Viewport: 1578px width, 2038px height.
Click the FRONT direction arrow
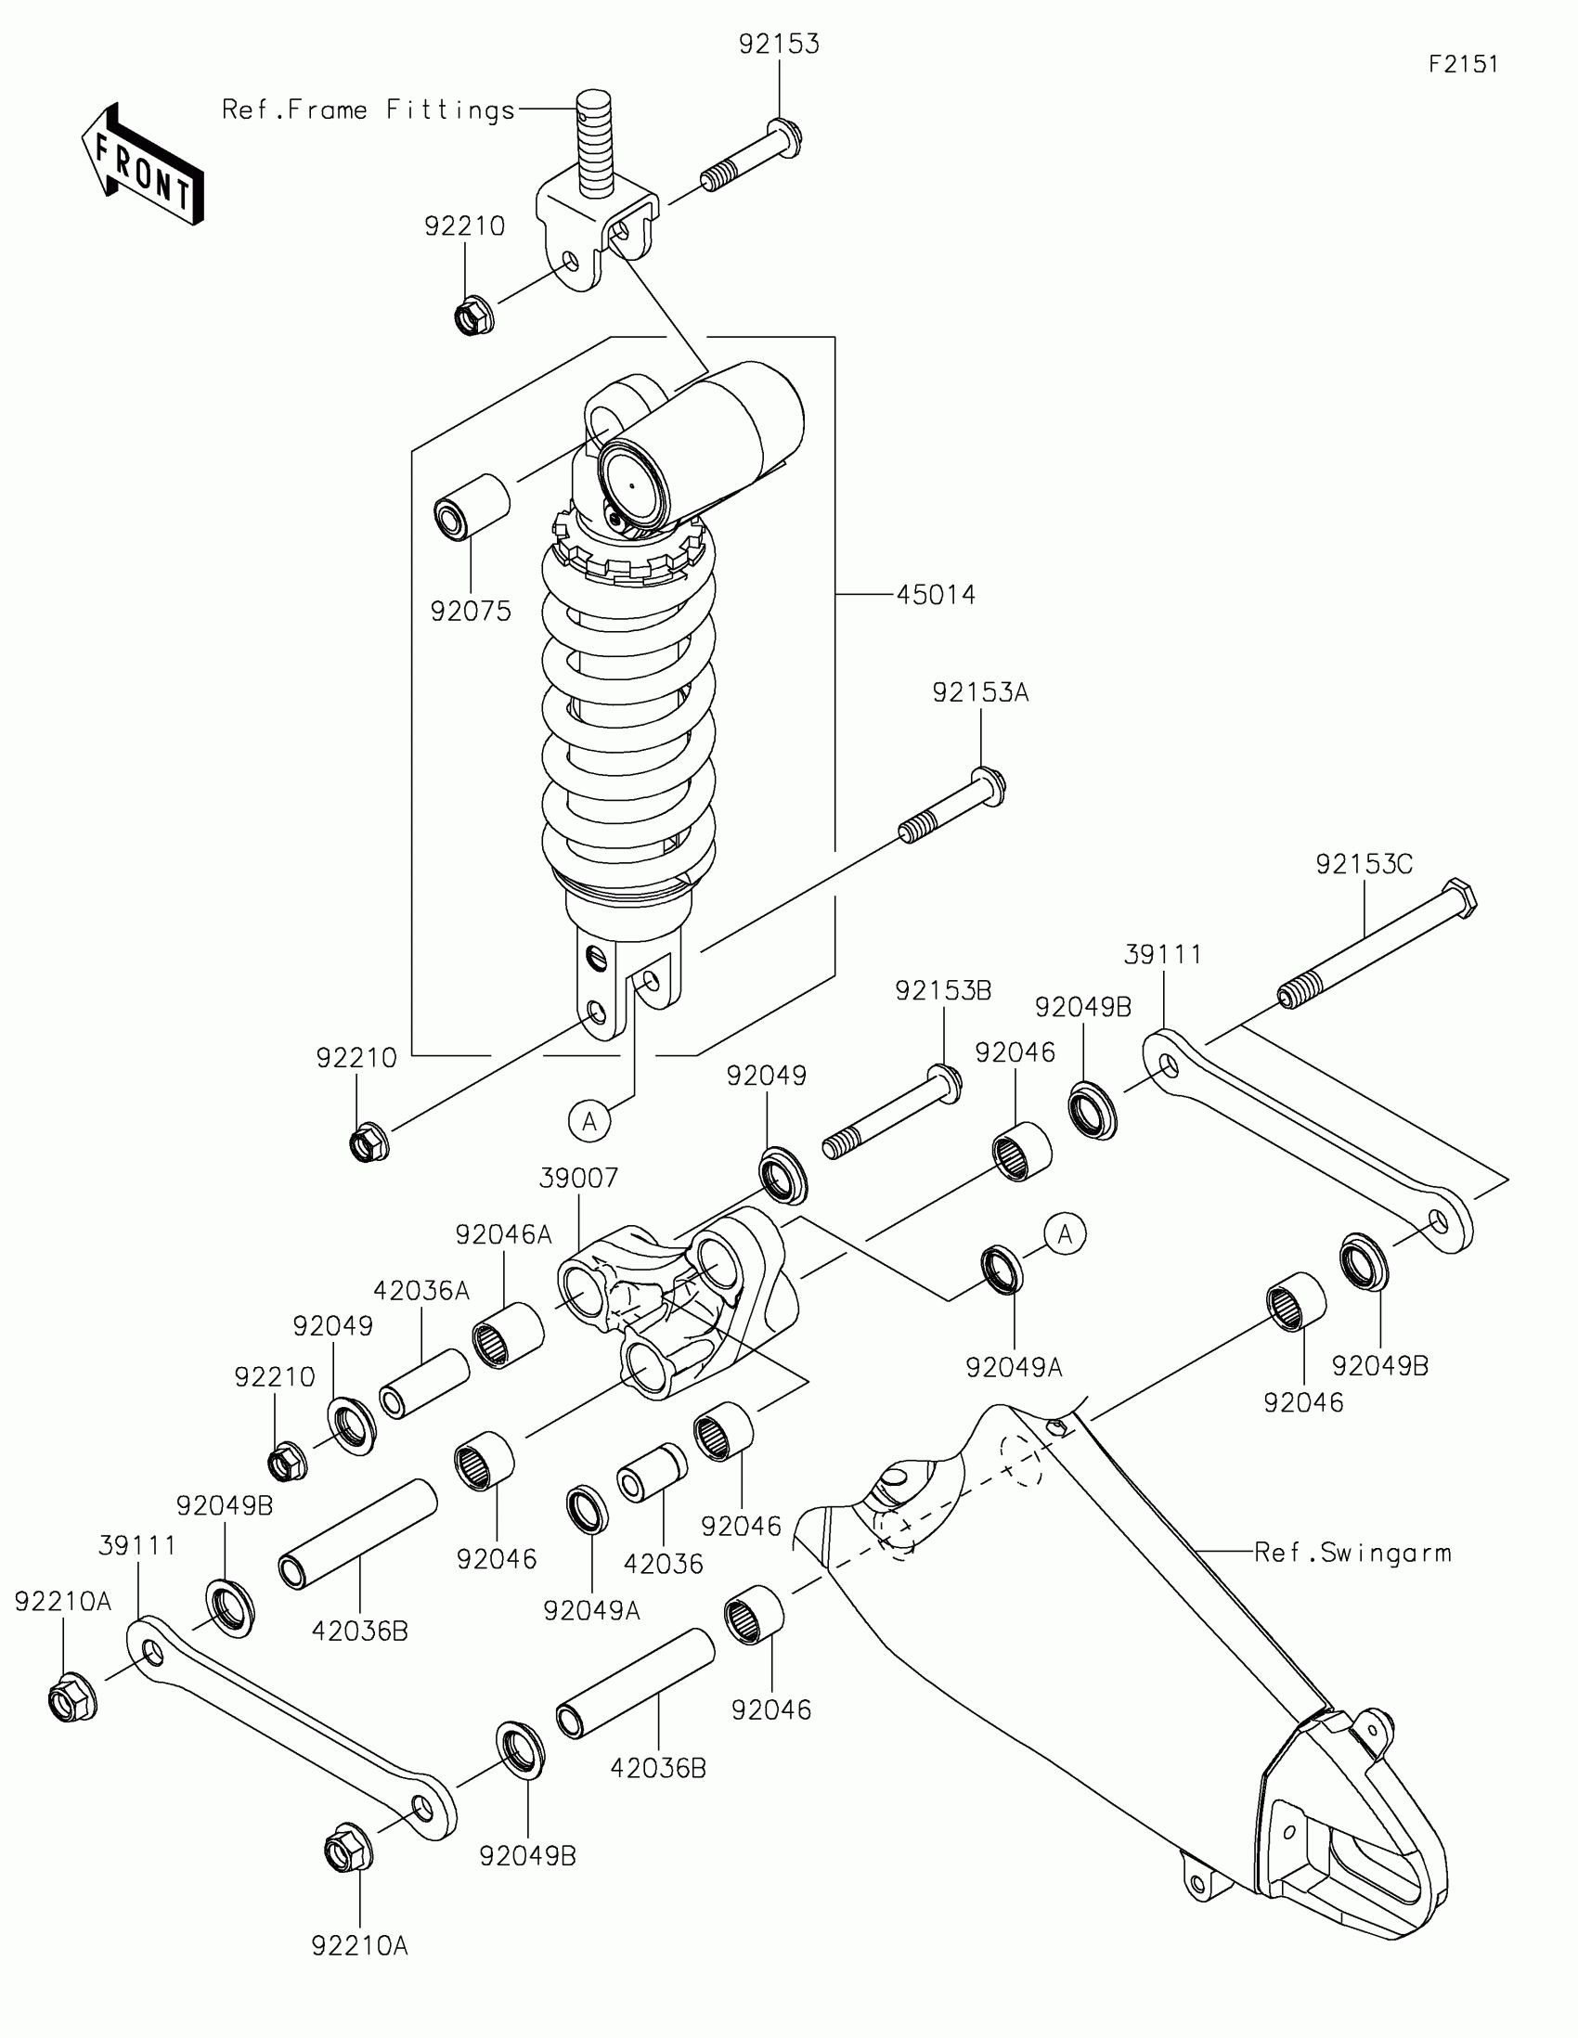click(x=142, y=165)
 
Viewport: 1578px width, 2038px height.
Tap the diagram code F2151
click(x=1463, y=63)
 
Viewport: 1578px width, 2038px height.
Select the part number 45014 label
click(x=935, y=594)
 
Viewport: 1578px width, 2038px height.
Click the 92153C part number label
click(x=1364, y=864)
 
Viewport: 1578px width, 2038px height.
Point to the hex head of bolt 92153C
click(x=1459, y=897)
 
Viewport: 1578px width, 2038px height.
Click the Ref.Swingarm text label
click(x=1352, y=1553)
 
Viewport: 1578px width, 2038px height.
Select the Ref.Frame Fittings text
click(x=369, y=110)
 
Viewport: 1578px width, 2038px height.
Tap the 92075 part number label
click(x=471, y=612)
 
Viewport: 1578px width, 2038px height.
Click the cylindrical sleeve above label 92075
click(x=472, y=507)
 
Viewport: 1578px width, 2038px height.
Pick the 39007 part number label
click(x=578, y=1178)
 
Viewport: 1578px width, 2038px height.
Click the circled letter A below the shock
click(x=589, y=1121)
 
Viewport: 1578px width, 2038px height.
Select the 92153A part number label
click(x=980, y=692)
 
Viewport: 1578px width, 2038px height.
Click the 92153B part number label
click(x=942, y=990)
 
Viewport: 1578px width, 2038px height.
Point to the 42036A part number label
click(x=420, y=1291)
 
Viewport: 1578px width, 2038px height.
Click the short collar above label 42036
click(x=652, y=1473)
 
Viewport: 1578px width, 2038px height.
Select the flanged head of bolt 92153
click(x=784, y=137)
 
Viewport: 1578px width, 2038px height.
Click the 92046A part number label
click(x=503, y=1234)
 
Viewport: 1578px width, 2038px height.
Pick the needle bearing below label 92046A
click(x=508, y=1335)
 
